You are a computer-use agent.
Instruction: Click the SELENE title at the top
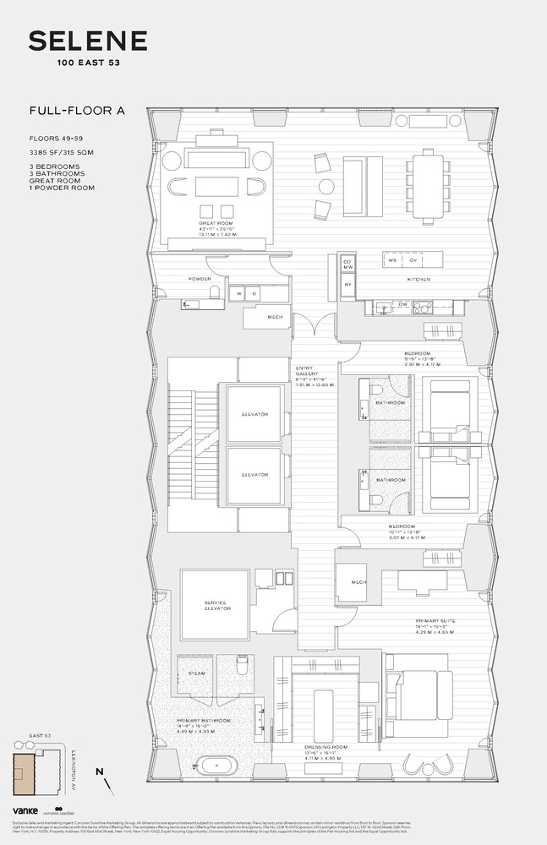tap(88, 41)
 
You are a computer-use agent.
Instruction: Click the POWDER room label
tap(200, 278)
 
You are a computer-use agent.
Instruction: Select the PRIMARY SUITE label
tap(436, 621)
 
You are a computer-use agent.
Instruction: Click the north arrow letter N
tap(101, 770)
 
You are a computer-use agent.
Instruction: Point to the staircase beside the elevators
tap(192, 444)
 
